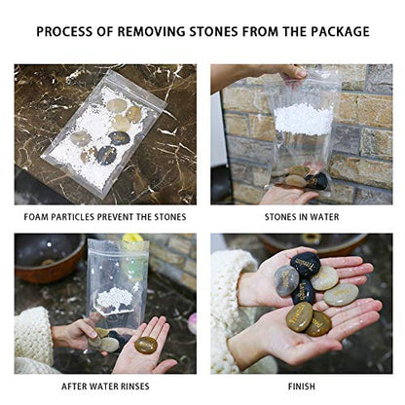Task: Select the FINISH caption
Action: pyautogui.click(x=300, y=386)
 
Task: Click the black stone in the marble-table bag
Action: pyautogui.click(x=120, y=138)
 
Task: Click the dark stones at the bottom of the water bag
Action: pyautogui.click(x=310, y=179)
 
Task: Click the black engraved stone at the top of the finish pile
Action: pyautogui.click(x=308, y=263)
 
